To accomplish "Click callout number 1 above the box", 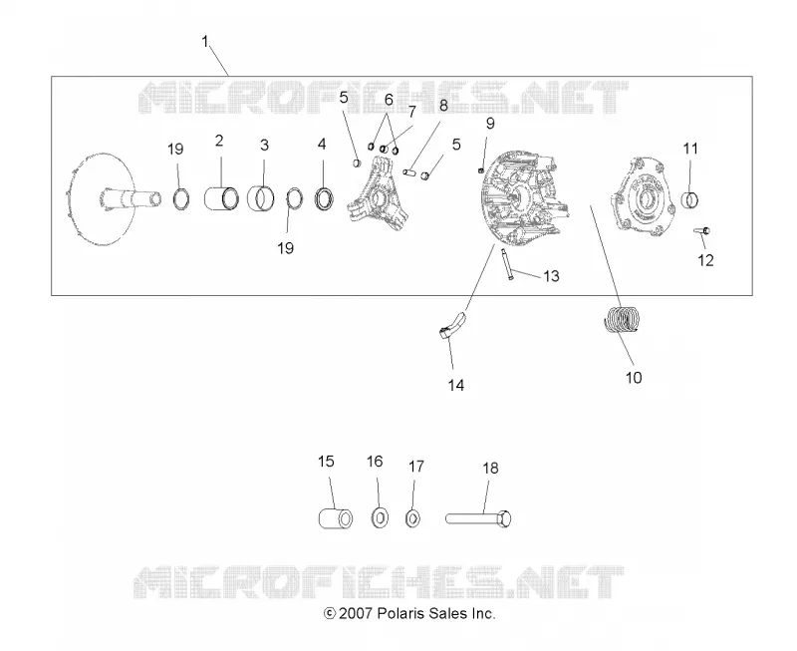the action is pos(205,41).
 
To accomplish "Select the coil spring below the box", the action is pos(621,319).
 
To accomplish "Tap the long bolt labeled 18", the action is pos(478,518).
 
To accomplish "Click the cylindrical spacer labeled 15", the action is pos(336,518).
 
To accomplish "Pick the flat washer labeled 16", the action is pos(381,517).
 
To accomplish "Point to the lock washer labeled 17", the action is pos(412,518).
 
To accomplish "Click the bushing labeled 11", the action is pos(689,199).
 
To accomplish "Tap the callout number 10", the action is pos(634,378).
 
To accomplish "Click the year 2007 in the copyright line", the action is pos(356,613).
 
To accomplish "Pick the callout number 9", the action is pos(490,123).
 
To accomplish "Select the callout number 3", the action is pos(264,145).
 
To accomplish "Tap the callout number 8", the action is pos(443,106).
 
